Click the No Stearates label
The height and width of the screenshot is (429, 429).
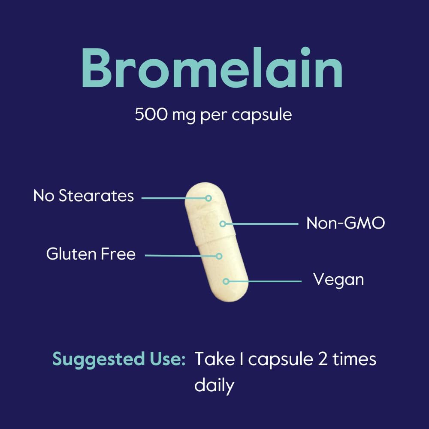(84, 196)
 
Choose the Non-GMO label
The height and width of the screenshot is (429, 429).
(345, 223)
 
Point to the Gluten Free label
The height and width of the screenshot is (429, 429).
(91, 254)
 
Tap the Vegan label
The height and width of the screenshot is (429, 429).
(338, 280)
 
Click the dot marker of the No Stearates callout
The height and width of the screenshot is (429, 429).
(208, 198)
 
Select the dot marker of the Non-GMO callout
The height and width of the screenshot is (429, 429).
(223, 224)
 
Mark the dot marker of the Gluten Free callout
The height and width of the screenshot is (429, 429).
(219, 256)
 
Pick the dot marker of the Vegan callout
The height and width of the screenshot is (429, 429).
(226, 281)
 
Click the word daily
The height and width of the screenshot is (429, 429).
(214, 385)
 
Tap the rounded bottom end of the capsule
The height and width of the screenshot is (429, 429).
(230, 296)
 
